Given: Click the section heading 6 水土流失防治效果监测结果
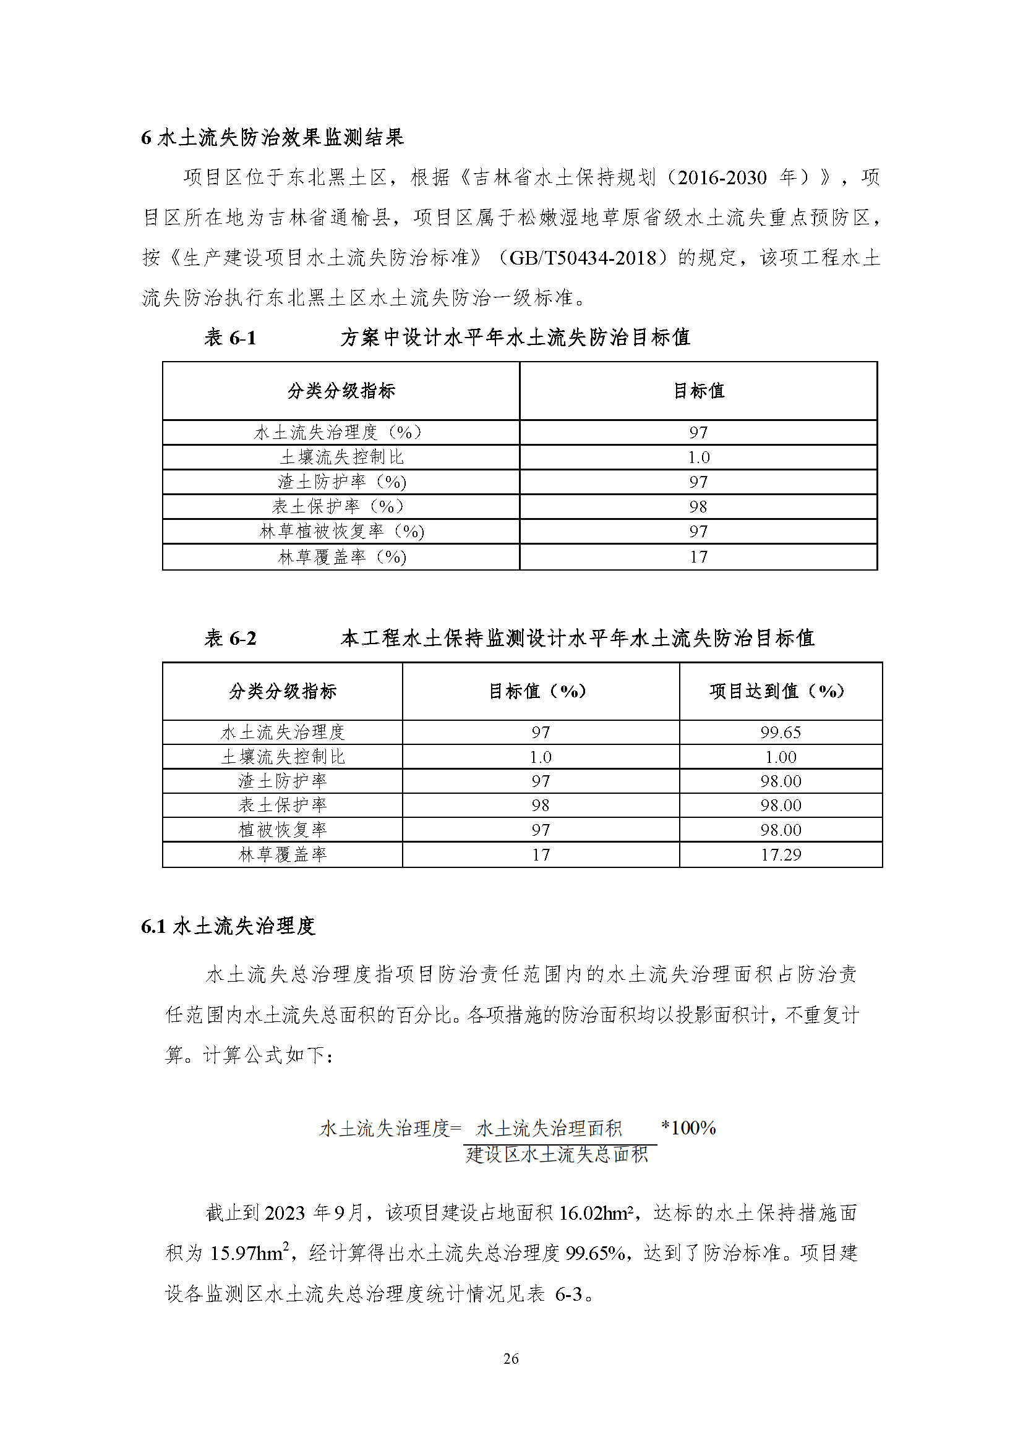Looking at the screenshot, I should point(272,137).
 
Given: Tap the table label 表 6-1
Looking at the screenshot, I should point(230,338).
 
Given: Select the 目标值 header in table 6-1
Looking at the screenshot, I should point(698,391).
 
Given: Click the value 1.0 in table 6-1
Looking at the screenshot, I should point(698,457).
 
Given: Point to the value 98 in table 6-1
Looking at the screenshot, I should point(698,506).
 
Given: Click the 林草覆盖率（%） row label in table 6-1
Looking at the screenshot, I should point(342,557).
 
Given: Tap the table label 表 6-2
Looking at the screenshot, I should point(230,639).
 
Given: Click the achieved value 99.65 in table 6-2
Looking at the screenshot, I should point(781,733).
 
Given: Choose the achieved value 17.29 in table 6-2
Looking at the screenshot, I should point(781,854).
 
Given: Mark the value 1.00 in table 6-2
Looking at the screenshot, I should point(781,757).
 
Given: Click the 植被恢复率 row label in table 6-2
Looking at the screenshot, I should point(283,830).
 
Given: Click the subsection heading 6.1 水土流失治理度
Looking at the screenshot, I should point(228,927).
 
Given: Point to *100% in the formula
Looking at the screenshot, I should point(688,1128).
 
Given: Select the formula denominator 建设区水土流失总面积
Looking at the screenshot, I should point(557,1154).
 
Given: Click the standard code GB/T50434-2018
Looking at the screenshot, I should point(583,258).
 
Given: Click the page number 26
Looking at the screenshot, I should point(511,1359).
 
